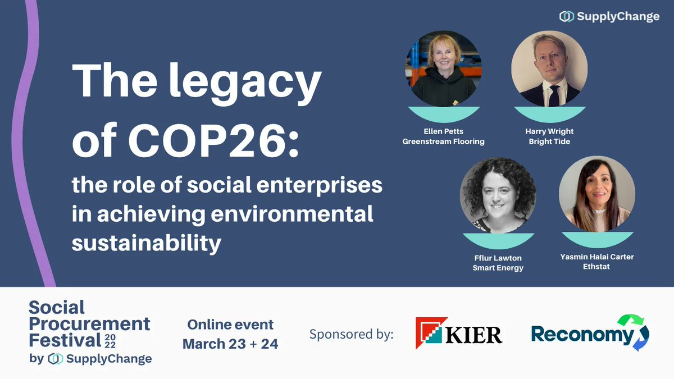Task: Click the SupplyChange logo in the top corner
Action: click(x=609, y=17)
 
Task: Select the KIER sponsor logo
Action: click(x=459, y=334)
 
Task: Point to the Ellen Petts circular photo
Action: click(x=443, y=69)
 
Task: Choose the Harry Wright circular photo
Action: click(x=549, y=69)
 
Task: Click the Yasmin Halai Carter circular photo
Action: click(x=597, y=194)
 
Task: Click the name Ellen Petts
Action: click(x=443, y=131)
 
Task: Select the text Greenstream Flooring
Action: click(x=443, y=141)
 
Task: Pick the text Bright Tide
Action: click(x=549, y=141)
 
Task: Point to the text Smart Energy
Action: click(x=498, y=268)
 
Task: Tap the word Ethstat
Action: click(x=596, y=266)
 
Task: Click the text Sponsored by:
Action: click(x=351, y=335)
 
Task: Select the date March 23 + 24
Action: click(x=230, y=343)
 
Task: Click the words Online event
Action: click(x=230, y=325)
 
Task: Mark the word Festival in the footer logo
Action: click(x=65, y=340)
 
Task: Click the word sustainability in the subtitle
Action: click(x=147, y=243)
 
